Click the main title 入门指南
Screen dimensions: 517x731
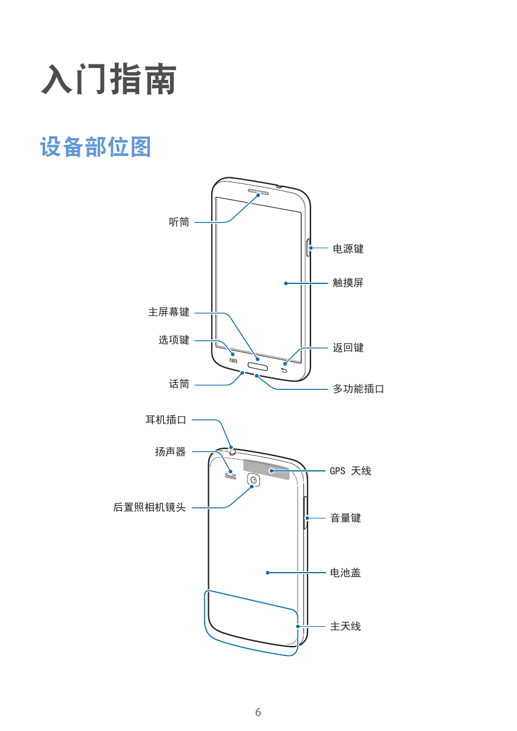tap(109, 79)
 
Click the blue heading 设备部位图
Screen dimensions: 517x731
tap(95, 147)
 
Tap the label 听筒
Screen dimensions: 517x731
tap(179, 222)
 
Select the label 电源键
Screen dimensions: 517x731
tap(348, 249)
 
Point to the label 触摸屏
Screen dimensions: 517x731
tap(348, 283)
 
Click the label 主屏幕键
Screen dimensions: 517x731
tap(168, 312)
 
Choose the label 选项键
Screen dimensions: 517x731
tap(174, 340)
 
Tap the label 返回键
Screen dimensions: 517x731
tap(348, 348)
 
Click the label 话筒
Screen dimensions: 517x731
tap(179, 384)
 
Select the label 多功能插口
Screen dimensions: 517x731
tap(359, 389)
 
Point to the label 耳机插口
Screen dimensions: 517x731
tap(166, 420)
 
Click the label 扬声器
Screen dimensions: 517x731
tap(171, 452)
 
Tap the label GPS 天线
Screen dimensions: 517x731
tap(350, 471)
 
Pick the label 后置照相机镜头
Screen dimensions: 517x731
tap(150, 507)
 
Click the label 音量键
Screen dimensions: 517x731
tap(346, 518)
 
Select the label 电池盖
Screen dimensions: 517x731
tap(346, 573)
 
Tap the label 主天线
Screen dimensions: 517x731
tap(346, 626)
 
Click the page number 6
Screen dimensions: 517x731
tap(258, 712)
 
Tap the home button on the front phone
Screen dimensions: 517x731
tap(258, 367)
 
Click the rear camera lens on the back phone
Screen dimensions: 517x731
tap(253, 480)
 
